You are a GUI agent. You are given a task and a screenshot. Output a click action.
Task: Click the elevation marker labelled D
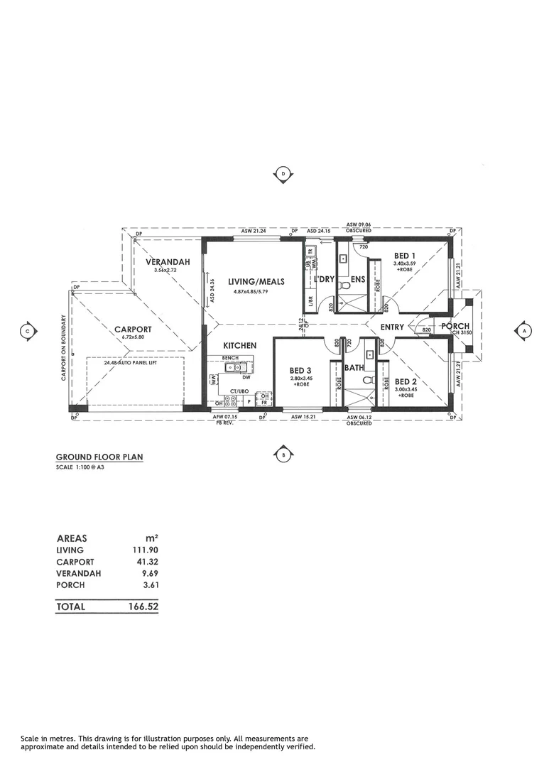tap(283, 173)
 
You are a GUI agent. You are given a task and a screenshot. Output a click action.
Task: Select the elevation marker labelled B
tap(283, 455)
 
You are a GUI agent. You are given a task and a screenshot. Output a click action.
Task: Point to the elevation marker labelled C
tap(27, 330)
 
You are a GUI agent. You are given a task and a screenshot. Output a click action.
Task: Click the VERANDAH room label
tap(168, 262)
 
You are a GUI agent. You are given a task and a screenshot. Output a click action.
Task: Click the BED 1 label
tap(406, 255)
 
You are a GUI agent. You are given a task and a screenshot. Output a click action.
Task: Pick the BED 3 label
tap(300, 371)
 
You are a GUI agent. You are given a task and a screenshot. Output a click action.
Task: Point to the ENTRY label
tap(392, 327)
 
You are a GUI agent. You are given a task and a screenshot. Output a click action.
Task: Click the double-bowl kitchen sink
tap(234, 367)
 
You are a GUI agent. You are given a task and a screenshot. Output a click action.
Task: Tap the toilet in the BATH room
tap(367, 379)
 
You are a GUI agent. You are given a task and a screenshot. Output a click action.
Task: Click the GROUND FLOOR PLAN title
tap(99, 457)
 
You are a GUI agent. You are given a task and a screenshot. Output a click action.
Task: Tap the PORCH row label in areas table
tap(70, 584)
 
